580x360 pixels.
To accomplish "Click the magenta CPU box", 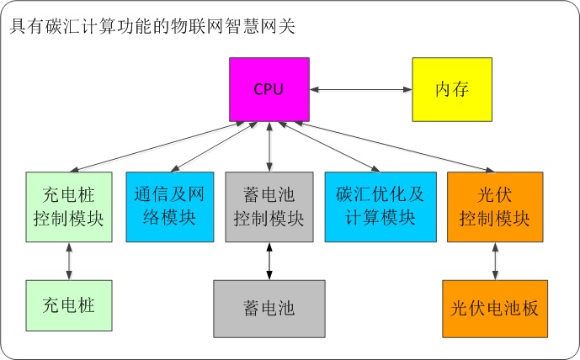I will tap(269, 89).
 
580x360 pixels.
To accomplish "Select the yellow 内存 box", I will tap(452, 89).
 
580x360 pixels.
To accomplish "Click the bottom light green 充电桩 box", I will tap(68, 304).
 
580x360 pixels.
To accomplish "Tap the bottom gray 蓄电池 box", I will tap(269, 308).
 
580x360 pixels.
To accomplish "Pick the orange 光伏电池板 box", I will tap(495, 308).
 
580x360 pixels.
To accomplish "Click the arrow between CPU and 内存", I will tap(360, 89).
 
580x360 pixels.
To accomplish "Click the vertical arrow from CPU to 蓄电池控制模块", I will tap(269, 147).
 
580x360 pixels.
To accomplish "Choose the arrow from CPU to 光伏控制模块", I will tap(396, 147).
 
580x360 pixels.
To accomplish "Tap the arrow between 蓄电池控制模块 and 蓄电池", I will tap(269, 262).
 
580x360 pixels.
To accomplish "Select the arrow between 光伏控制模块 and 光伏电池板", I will tap(495, 262).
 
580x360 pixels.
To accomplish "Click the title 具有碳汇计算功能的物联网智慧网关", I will tap(152, 27).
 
